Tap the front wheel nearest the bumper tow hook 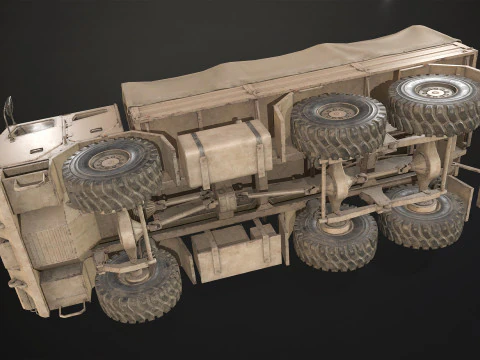(138, 284)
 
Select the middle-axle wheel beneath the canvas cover (338, 125)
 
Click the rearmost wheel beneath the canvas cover (432, 102)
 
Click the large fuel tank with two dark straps (224, 152)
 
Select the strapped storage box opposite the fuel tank (235, 251)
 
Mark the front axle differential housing (131, 236)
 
